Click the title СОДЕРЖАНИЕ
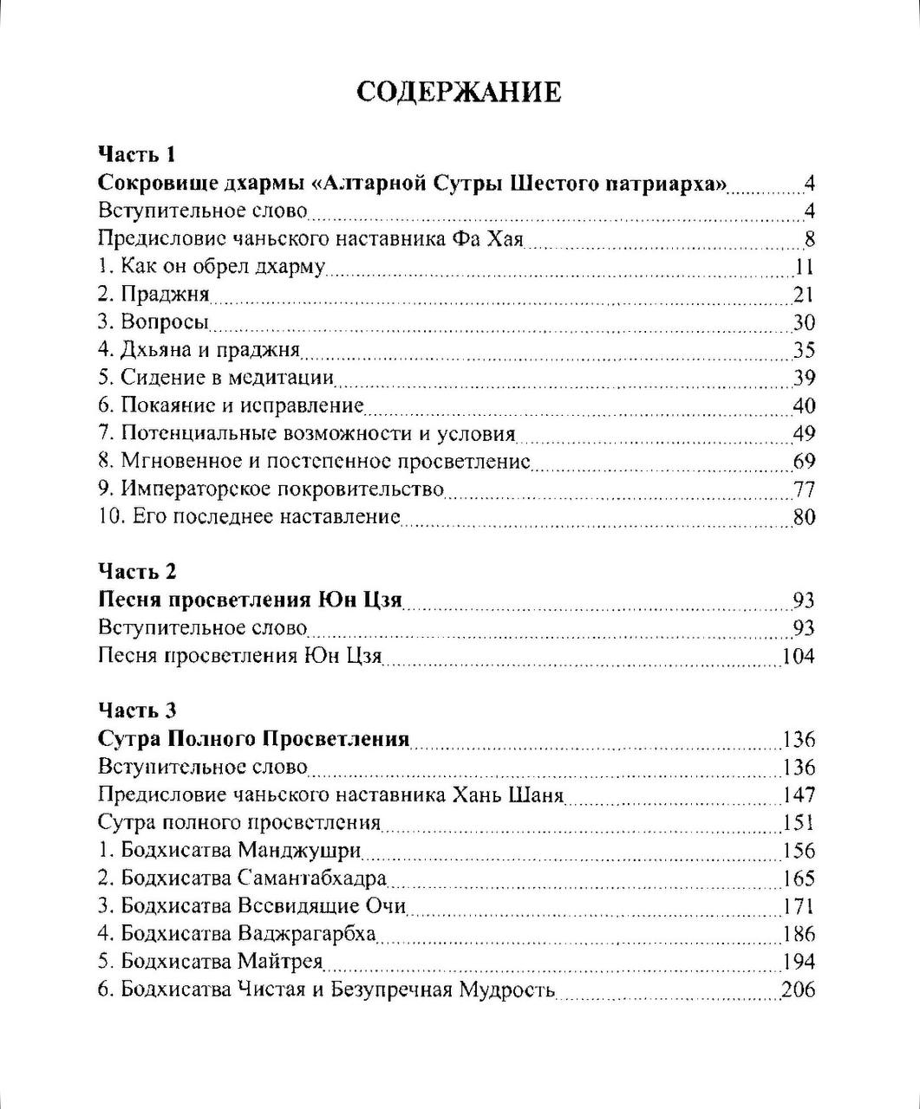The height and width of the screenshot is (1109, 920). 459,93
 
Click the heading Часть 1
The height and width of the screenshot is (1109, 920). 137,155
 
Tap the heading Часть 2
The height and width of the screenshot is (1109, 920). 137,572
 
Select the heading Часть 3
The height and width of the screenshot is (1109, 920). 137,710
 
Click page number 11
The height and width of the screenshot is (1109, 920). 804,266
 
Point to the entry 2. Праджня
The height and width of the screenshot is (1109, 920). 153,295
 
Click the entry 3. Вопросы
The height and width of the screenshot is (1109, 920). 153,322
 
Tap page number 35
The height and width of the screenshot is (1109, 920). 804,350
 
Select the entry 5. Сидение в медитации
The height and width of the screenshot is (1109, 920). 216,378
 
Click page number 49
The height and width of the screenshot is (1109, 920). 804,433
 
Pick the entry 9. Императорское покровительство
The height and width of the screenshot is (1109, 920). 271,489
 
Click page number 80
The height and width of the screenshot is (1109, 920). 804,517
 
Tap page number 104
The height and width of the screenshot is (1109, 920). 799,656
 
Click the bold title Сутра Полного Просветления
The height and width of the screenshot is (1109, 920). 254,739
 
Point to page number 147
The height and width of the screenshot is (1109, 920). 799,794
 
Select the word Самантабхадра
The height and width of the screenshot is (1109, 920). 310,878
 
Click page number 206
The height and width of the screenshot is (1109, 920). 799,989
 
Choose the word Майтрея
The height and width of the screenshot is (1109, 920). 278,961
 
